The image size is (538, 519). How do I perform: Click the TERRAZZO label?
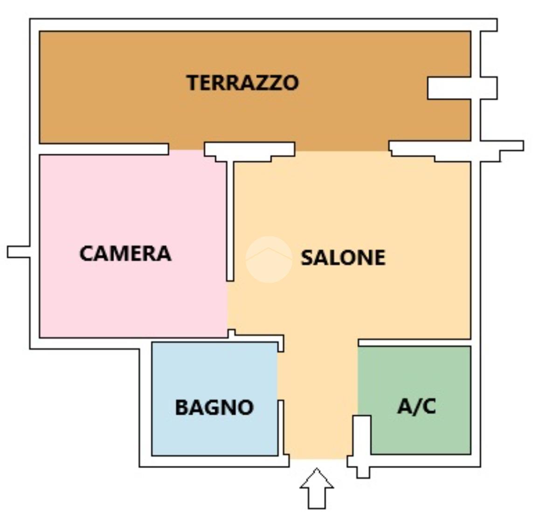pos(242,83)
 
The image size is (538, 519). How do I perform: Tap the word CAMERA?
pos(125,253)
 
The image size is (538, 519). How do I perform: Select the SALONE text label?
pos(343,258)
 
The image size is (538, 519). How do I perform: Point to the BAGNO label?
pos(214,407)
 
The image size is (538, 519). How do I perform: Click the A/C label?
pos(416,406)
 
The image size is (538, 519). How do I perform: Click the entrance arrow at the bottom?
pos(317,488)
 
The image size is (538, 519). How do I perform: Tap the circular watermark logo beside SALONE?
pos(269,259)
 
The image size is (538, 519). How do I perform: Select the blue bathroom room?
pos(214,399)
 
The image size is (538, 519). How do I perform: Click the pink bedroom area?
pos(133,246)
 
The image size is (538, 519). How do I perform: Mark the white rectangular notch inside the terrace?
pos(449,88)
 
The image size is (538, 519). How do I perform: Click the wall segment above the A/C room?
pos(414,343)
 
